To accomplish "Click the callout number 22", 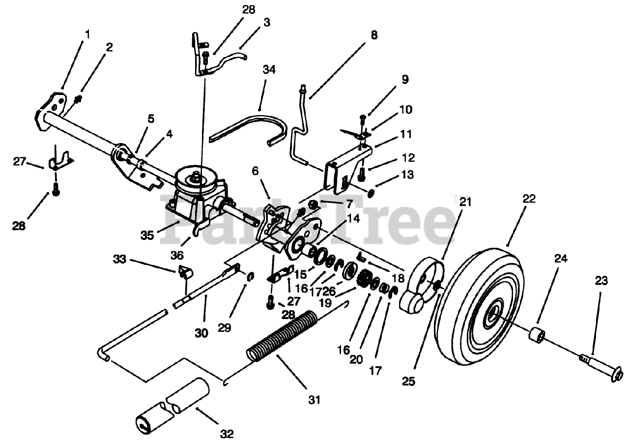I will pyautogui.click(x=529, y=199).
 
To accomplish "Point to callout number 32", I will pyautogui.click(x=227, y=434).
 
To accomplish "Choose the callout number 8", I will pyautogui.click(x=374, y=35).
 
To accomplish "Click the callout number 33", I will pyautogui.click(x=119, y=258).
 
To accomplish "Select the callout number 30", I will pyautogui.click(x=201, y=333).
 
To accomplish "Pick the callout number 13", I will pyautogui.click(x=407, y=175).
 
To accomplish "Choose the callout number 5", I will pyautogui.click(x=150, y=118).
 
